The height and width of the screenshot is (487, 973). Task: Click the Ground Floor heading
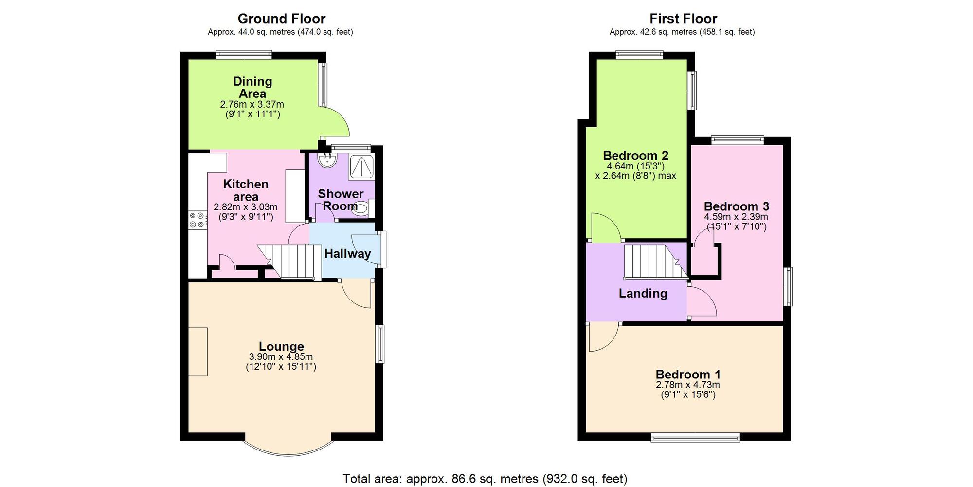click(281, 19)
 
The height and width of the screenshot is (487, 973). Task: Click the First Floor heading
click(683, 19)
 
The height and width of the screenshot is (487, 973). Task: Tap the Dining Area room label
click(252, 87)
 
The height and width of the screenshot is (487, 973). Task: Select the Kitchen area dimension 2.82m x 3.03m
click(246, 207)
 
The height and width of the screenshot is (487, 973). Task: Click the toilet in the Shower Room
click(360, 209)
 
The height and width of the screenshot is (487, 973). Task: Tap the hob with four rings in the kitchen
click(197, 220)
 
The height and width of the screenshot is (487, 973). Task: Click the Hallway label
click(347, 253)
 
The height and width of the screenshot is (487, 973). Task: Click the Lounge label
click(281, 346)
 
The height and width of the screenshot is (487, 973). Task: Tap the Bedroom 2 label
click(635, 156)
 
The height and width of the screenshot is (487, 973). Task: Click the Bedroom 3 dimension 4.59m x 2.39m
click(736, 217)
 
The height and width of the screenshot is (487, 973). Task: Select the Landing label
click(643, 293)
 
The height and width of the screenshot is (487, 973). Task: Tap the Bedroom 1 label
click(688, 375)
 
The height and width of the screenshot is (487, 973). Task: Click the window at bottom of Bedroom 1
click(695, 437)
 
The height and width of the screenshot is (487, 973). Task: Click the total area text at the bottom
click(485, 479)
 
